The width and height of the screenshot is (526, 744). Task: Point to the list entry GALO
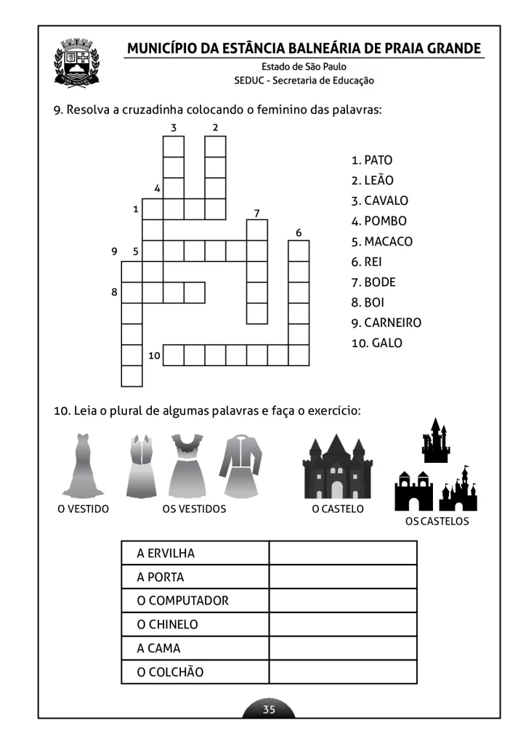point(387,343)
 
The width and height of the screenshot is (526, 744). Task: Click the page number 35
point(269,710)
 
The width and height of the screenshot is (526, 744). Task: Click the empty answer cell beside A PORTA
point(343,577)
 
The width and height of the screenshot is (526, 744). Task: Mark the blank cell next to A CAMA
point(343,648)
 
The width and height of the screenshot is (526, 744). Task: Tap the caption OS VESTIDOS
point(194,509)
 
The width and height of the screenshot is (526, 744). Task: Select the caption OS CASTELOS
point(437,521)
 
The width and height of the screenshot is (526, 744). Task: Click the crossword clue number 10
point(154,355)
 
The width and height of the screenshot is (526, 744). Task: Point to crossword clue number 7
point(256,213)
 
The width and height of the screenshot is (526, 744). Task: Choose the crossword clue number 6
point(298,232)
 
